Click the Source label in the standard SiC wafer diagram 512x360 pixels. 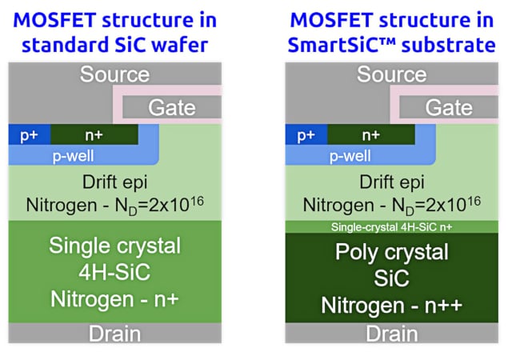114,75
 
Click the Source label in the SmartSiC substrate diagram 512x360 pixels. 391,75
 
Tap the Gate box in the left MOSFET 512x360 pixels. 171,108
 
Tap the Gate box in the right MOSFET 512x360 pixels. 448,108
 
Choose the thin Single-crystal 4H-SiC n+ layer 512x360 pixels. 391,227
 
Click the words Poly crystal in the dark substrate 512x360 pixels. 391,252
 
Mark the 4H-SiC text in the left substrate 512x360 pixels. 114,272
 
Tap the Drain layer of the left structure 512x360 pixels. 114,333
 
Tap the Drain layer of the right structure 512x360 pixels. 391,333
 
